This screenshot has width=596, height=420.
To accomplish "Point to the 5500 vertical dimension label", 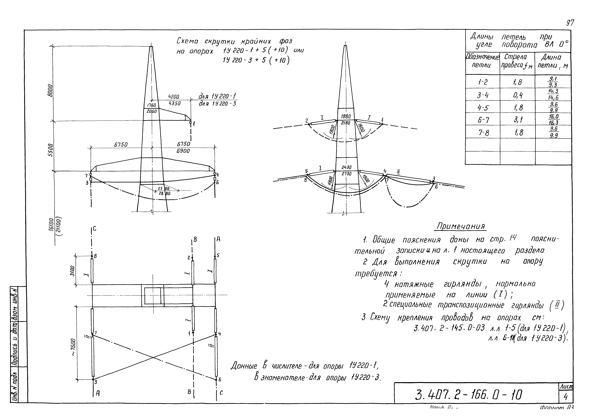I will (51, 150).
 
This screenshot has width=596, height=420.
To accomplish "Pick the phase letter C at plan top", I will (94, 229).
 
